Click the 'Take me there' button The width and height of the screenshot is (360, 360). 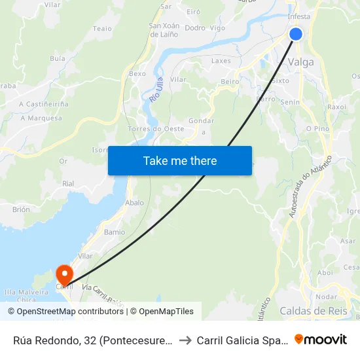pos(180,160)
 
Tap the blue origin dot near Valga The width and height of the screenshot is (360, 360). pos(296,33)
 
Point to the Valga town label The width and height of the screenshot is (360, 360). pos(300,62)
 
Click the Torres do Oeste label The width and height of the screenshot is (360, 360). pos(156,129)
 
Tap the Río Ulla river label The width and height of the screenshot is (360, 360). pos(155,89)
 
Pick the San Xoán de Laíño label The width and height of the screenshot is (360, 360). pos(164,30)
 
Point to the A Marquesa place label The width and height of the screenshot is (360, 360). pos(41,118)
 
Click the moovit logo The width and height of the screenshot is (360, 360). pos(321,339)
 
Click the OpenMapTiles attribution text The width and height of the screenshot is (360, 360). pos(166,312)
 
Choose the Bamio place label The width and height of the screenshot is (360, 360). pos(115,232)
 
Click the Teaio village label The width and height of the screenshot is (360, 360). pos(103,28)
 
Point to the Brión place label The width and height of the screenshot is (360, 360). pos(21,209)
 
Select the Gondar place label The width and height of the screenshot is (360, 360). pos(201,121)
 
